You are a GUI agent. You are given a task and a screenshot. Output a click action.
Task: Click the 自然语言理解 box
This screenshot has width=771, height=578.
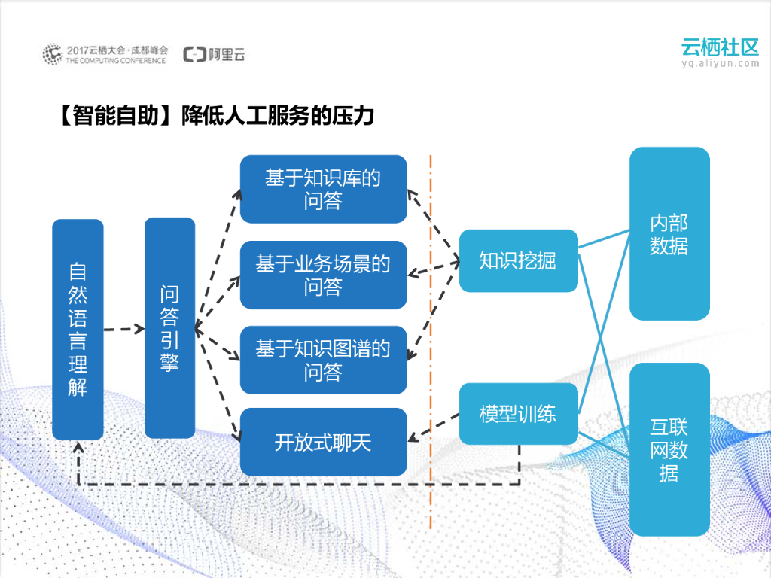pyautogui.click(x=78, y=329)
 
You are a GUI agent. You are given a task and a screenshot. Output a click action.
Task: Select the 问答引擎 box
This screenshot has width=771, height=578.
pyautogui.click(x=169, y=328)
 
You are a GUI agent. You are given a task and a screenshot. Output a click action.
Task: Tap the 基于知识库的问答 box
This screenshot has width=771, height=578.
pyautogui.click(x=323, y=189)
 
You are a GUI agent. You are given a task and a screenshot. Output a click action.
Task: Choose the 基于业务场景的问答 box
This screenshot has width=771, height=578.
pyautogui.click(x=323, y=275)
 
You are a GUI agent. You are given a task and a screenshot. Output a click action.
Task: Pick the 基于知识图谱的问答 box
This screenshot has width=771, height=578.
pyautogui.click(x=323, y=360)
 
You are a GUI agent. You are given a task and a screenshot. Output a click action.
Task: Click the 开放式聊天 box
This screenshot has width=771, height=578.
pyautogui.click(x=323, y=442)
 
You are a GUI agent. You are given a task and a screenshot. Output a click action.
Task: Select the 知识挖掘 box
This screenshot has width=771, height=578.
pyautogui.click(x=518, y=260)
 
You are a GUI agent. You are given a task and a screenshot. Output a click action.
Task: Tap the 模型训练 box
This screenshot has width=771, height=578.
pyautogui.click(x=518, y=414)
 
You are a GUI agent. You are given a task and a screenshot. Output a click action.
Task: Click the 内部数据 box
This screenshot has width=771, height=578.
pyautogui.click(x=669, y=234)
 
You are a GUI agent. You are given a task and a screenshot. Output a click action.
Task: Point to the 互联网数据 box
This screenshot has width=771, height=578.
pyautogui.click(x=669, y=449)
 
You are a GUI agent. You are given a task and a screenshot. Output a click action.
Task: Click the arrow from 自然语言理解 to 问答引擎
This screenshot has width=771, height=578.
pyautogui.click(x=123, y=329)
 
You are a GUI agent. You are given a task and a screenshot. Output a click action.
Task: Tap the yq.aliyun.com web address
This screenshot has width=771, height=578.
pyautogui.click(x=720, y=64)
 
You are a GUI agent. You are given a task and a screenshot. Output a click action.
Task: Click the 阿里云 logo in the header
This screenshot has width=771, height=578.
pyautogui.click(x=215, y=54)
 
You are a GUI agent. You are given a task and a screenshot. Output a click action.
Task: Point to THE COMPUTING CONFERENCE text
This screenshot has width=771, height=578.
pyautogui.click(x=116, y=60)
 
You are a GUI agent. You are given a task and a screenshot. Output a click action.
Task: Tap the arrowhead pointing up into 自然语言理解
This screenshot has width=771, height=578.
pyautogui.click(x=78, y=446)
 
